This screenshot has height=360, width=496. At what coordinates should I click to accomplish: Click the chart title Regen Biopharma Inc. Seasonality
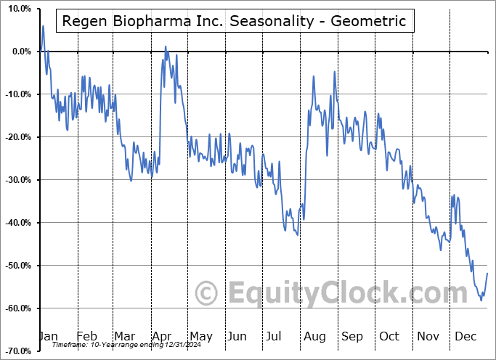coord(235,21)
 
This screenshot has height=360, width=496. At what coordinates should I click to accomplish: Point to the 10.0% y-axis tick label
coord(17,9)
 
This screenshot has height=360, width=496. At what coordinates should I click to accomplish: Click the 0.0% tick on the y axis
coord(18,52)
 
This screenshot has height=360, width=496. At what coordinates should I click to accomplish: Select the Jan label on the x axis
coord(48,336)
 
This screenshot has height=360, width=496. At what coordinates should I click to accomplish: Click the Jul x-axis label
coord(275,336)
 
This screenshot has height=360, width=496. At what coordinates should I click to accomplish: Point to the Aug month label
coord(314,336)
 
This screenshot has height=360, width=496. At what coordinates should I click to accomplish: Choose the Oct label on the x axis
coord(389,336)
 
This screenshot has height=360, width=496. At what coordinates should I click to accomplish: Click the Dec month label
coord(466,336)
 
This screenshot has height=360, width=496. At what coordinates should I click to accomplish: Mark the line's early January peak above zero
coord(43,26)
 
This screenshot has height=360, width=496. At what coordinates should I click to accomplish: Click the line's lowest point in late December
coord(481,300)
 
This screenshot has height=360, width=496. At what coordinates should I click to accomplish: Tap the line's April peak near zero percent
coord(166,46)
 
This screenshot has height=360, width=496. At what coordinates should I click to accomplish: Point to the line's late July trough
coord(298,234)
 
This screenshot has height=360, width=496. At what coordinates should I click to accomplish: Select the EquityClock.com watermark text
coord(338,293)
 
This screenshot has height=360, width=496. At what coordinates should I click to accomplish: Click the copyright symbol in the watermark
coord(206,293)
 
